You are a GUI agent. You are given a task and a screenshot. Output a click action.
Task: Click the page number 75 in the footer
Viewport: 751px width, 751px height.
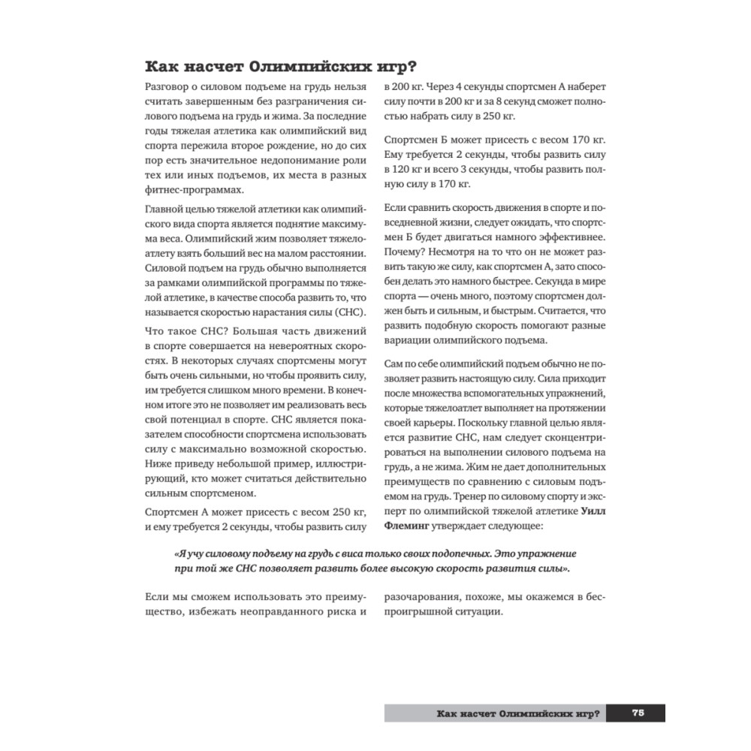point(635,713)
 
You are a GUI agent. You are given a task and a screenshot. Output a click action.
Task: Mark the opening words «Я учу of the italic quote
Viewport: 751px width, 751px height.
point(191,552)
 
